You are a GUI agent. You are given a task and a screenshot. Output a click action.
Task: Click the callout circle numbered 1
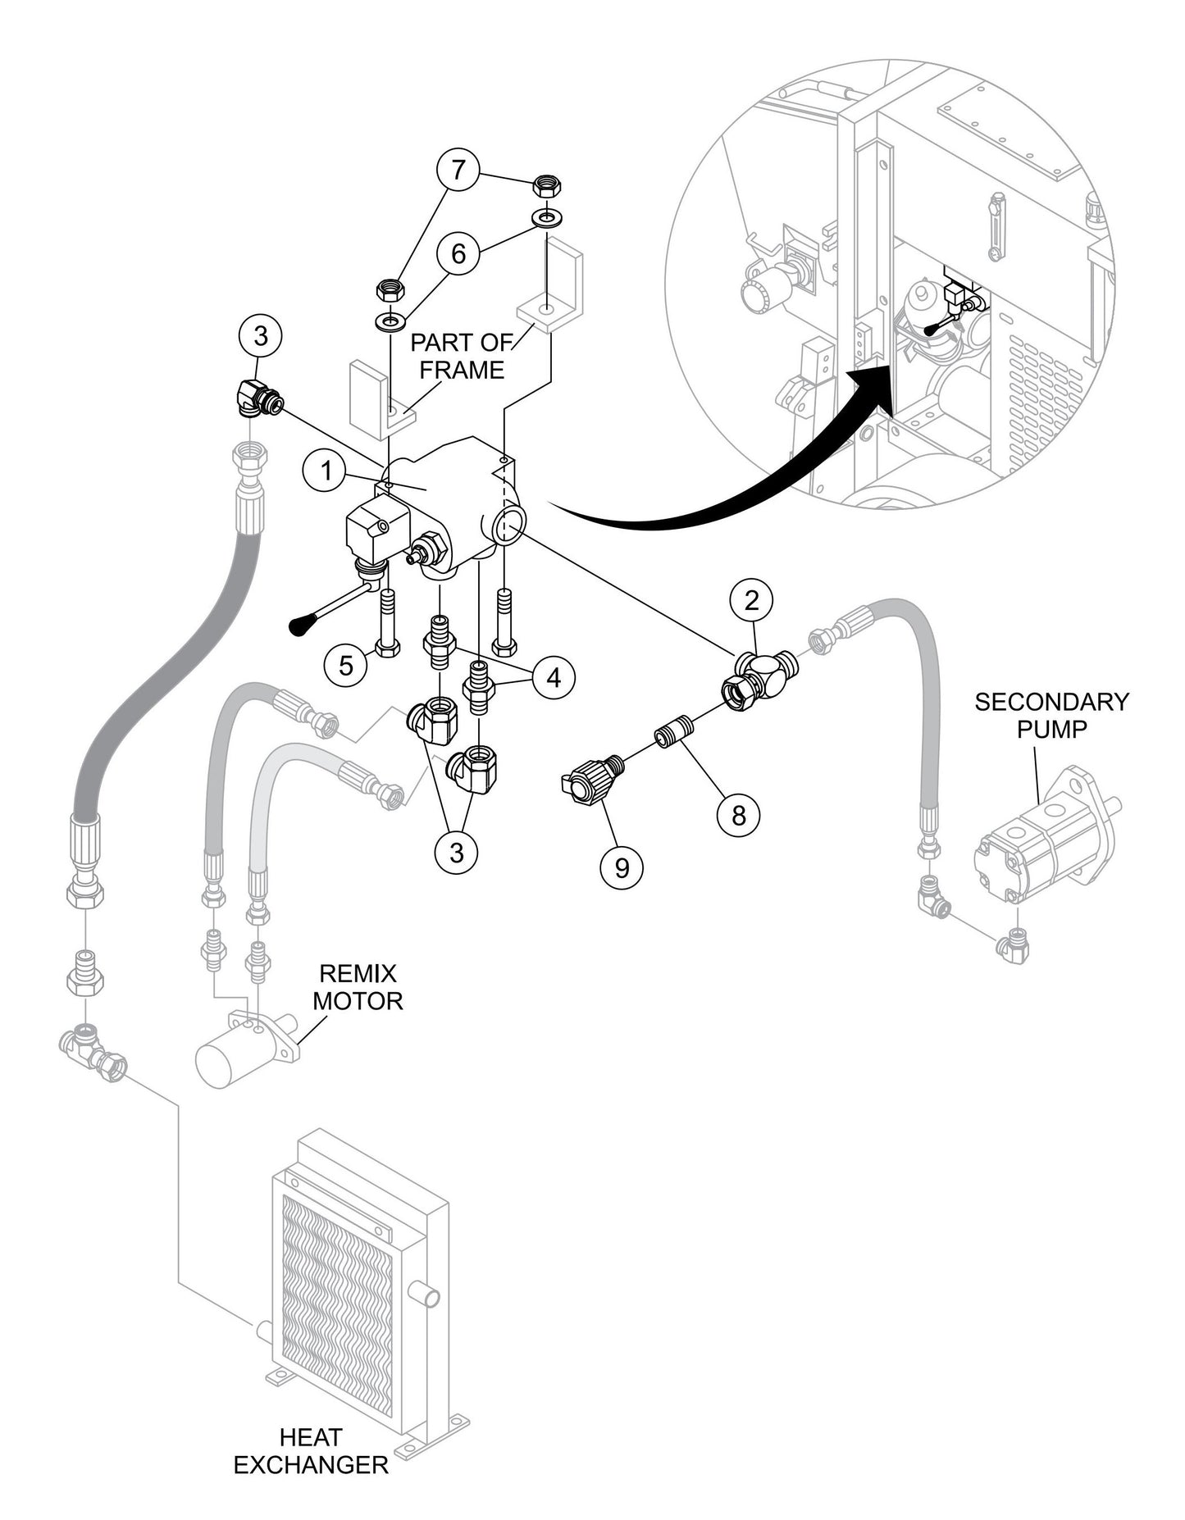pos(326,471)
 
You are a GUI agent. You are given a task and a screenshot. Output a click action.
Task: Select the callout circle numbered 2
pos(752,600)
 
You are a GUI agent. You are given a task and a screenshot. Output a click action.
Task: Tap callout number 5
pos(346,665)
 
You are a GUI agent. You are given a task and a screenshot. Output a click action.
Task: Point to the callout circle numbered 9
pos(622,867)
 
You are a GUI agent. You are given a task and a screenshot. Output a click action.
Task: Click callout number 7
pos(458,171)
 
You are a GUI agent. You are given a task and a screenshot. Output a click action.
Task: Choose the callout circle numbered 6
pos(458,253)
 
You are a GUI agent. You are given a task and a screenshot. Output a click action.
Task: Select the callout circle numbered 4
pos(554,678)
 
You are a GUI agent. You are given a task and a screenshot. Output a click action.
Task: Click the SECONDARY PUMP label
pos(1051,715)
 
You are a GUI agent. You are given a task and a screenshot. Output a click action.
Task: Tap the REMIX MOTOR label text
pos(358,987)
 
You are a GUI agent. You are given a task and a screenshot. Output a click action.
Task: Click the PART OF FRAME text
pos(462,356)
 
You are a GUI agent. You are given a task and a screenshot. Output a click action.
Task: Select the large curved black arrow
pos(722,484)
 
